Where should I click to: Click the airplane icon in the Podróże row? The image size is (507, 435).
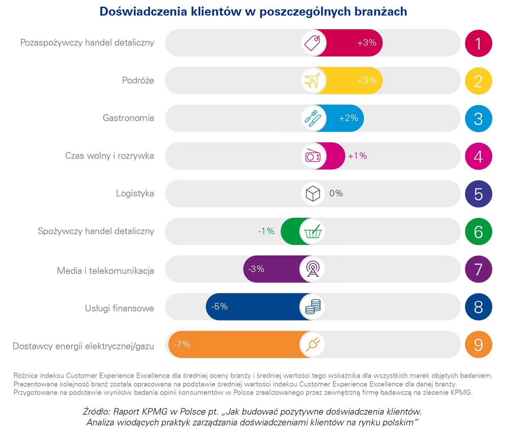tap(313, 80)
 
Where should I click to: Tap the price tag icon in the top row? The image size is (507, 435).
tap(313, 43)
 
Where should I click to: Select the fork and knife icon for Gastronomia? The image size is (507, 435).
tap(313, 118)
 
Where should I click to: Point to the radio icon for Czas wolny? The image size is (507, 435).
tap(313, 156)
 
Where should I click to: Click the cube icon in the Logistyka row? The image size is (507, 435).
tap(313, 194)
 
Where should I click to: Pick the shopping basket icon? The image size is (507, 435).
tap(313, 231)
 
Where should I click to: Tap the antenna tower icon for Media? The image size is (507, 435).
tap(313, 269)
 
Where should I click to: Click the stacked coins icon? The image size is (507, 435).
tap(313, 307)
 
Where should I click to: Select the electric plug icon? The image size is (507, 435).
tap(313, 344)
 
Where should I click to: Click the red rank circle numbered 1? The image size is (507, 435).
tap(478, 43)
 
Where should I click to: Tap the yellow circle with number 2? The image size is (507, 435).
tap(478, 81)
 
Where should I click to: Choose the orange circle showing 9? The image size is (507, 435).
tap(478, 345)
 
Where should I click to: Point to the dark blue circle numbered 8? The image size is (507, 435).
tap(478, 307)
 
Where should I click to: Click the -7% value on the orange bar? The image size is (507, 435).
tap(182, 344)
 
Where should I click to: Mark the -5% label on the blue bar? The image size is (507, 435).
tap(220, 306)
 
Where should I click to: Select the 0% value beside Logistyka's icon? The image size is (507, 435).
tap(336, 193)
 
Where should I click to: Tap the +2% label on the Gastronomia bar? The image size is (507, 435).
tap(349, 118)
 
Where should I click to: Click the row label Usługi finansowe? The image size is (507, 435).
tap(119, 308)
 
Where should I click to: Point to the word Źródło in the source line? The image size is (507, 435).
tap(96, 412)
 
